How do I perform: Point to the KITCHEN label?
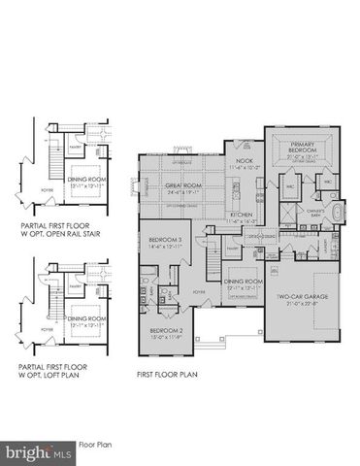point(241,215)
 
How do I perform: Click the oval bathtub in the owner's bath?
point(337,213)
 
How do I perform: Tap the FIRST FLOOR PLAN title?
point(167,371)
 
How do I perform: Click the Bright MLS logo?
point(38,451)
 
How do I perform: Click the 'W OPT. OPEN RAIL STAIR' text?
point(61,233)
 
